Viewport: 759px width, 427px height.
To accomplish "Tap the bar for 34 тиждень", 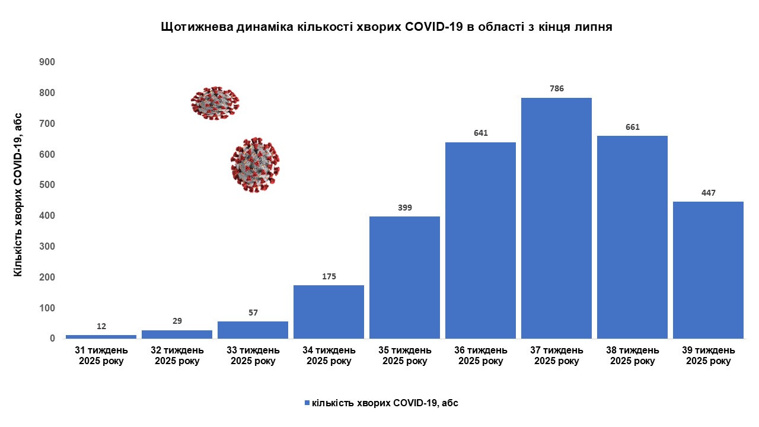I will coord(329,312).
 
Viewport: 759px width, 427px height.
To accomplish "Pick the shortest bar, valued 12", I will coord(101,337).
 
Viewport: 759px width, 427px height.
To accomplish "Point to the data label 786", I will coord(556,89).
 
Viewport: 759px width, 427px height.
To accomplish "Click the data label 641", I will coord(480,133).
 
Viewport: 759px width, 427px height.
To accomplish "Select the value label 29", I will coord(177,321).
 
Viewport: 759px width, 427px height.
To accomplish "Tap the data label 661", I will coord(632,127).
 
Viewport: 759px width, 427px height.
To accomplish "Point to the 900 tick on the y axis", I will coord(47,62).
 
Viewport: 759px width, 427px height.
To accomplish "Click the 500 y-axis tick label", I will coord(47,185).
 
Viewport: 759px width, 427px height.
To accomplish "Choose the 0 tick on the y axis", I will coord(52,339).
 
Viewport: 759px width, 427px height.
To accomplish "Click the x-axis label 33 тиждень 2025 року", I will coord(253,356).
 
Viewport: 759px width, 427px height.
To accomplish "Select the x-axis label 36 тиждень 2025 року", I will coord(480,356).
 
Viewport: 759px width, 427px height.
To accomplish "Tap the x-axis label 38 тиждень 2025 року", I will coord(632,356).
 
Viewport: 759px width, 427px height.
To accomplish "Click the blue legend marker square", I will coord(307,403).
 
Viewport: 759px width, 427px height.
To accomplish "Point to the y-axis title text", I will coord(18,194).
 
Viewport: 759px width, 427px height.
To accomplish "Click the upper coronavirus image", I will coord(215,103).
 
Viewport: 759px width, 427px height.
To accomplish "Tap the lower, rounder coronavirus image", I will coord(255,165).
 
